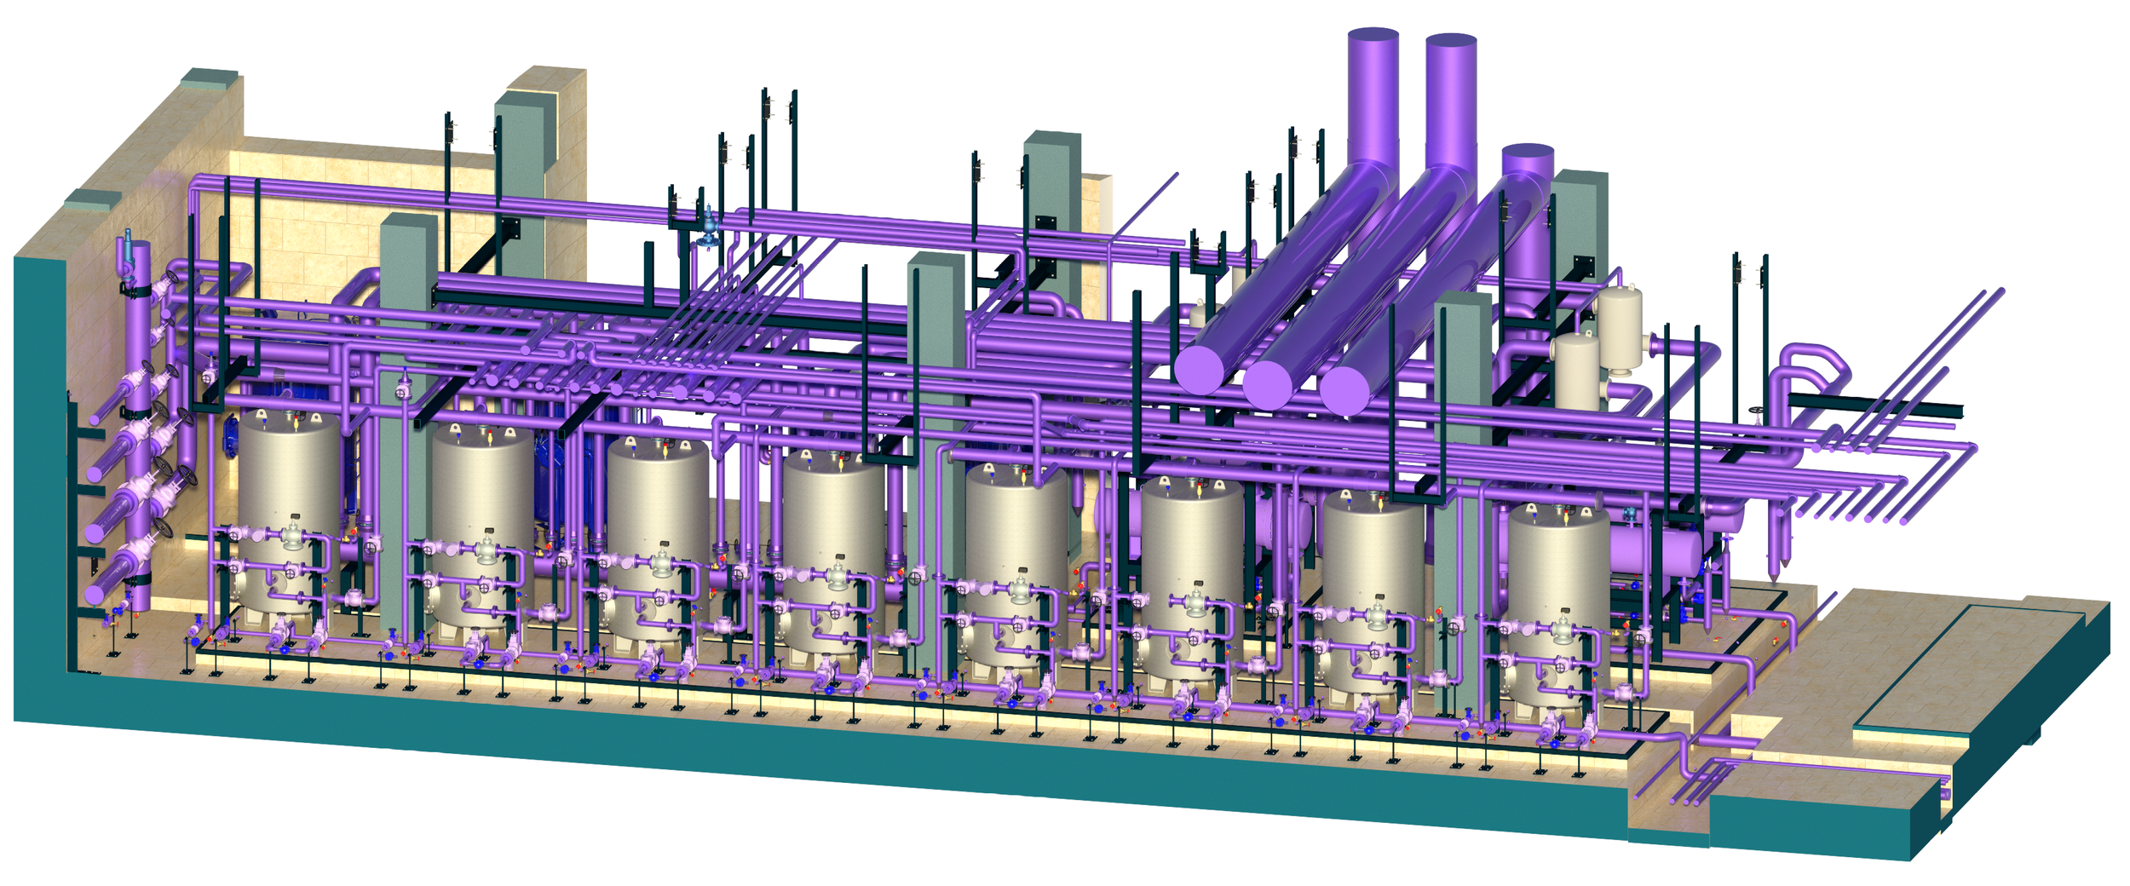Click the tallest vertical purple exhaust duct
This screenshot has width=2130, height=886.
(1372, 94)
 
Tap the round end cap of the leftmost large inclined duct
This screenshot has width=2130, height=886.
(1199, 370)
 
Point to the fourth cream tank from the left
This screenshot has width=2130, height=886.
(832, 511)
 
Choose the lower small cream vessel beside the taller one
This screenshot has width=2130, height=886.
(1576, 371)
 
